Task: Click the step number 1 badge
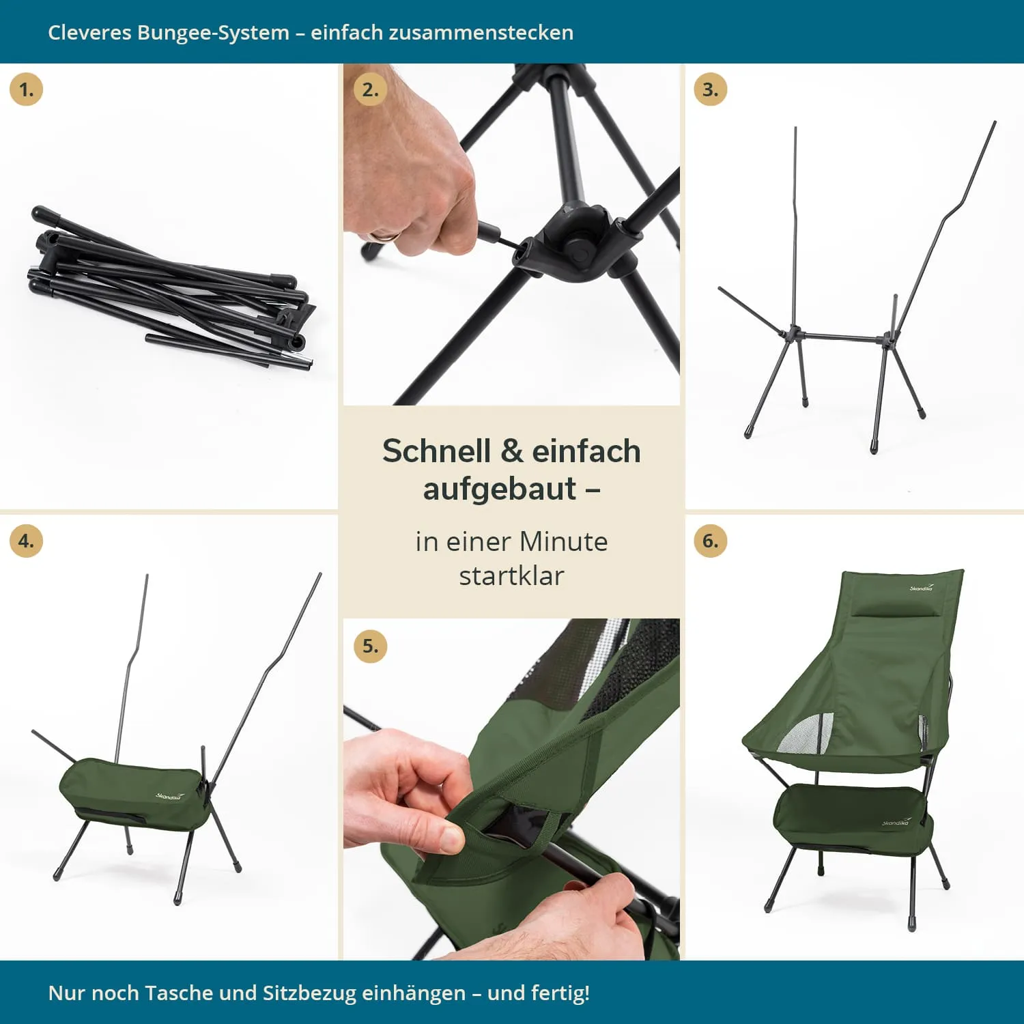26,89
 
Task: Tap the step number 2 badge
370,89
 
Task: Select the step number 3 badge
710,89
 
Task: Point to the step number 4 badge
26,541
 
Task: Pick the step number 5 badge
370,646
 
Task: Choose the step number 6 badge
710,541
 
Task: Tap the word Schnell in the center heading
436,451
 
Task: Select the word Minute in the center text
563,541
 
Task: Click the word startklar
511,575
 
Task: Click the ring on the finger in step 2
384,237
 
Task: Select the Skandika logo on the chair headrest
921,587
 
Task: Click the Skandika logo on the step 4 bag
169,796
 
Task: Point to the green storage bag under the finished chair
853,819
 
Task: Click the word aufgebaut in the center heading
500,489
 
